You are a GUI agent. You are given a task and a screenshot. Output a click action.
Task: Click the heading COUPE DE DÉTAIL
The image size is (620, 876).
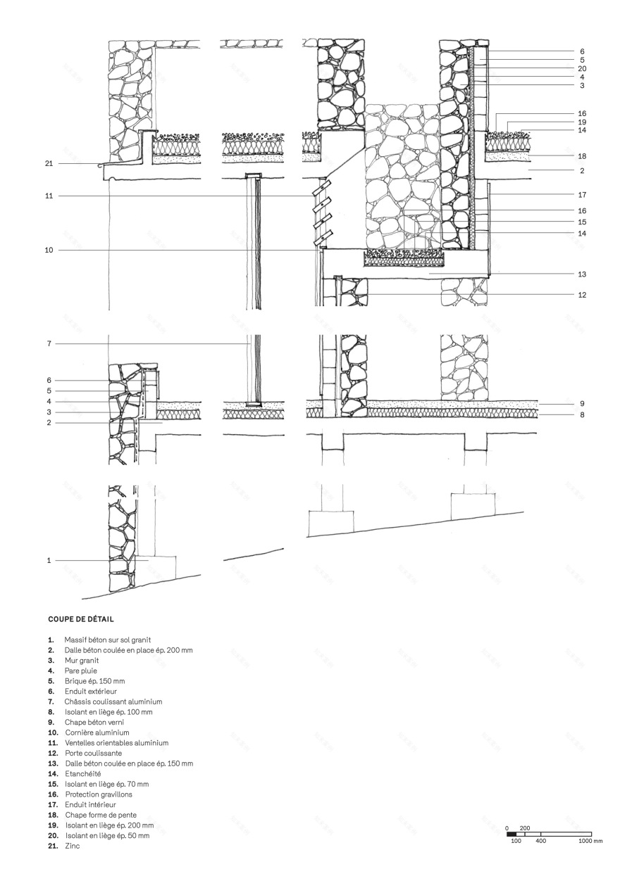click(81, 620)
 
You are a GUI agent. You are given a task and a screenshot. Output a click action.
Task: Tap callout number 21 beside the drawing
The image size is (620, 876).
click(49, 163)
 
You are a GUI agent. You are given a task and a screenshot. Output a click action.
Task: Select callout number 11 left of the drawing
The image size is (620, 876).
click(49, 196)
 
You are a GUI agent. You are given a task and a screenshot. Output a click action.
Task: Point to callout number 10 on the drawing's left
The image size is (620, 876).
click(49, 250)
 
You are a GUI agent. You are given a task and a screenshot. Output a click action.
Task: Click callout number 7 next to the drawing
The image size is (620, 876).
click(49, 344)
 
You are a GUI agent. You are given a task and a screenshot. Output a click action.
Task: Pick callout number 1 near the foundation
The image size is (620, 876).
click(49, 561)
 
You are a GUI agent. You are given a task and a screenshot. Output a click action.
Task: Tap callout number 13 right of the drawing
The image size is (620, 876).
click(581, 274)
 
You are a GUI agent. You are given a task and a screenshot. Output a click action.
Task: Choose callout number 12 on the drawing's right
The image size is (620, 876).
click(581, 295)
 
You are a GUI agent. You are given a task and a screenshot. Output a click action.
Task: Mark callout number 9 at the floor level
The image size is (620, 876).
click(582, 404)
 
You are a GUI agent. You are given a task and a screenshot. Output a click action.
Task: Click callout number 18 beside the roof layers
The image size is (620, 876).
click(581, 156)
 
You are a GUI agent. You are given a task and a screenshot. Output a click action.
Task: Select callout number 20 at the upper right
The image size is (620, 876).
click(581, 69)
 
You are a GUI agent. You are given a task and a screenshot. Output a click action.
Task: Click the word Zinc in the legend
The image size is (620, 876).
click(72, 846)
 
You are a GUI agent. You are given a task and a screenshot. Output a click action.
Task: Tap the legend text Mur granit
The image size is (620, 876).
click(82, 661)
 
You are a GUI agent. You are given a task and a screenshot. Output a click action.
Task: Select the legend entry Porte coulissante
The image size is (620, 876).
click(93, 753)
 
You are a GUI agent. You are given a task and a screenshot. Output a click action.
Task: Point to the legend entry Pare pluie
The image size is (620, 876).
click(80, 671)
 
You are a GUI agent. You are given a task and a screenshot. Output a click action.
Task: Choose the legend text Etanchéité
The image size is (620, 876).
click(82, 773)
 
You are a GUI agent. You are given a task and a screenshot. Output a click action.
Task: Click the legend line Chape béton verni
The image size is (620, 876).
click(94, 722)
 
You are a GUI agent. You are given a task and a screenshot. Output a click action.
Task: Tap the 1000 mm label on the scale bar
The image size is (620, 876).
click(591, 841)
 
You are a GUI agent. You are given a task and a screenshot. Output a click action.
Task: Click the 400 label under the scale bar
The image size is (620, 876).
click(541, 841)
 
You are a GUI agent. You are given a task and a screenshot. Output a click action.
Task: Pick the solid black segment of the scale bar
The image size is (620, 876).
click(512, 834)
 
